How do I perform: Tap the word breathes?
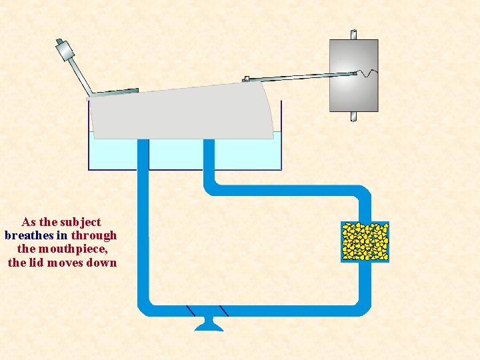coord(29,235)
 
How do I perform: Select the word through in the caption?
coord(94,235)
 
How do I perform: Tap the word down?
coord(103,263)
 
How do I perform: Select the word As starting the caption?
coord(29,222)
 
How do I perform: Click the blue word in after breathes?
coord(63,235)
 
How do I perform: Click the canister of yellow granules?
coord(365,241)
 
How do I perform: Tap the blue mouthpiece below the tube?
coord(208,324)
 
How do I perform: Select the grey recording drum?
coord(353,75)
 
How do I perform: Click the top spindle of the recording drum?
coord(353,33)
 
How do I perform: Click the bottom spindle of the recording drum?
coord(353,117)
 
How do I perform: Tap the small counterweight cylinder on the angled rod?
coord(64,49)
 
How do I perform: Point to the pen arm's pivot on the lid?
coord(246,79)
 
